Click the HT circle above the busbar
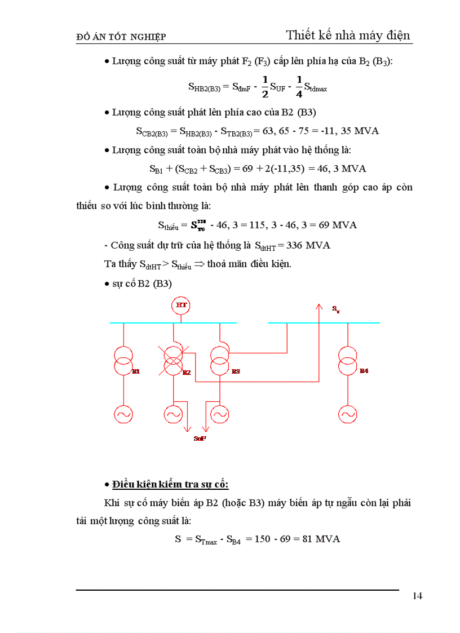[181, 305]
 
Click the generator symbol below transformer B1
[123, 415]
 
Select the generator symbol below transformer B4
[347, 415]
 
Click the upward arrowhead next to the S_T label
[319, 307]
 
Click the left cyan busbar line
[172, 323]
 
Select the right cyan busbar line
[324, 323]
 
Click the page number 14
[418, 596]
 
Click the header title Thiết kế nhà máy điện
[349, 35]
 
